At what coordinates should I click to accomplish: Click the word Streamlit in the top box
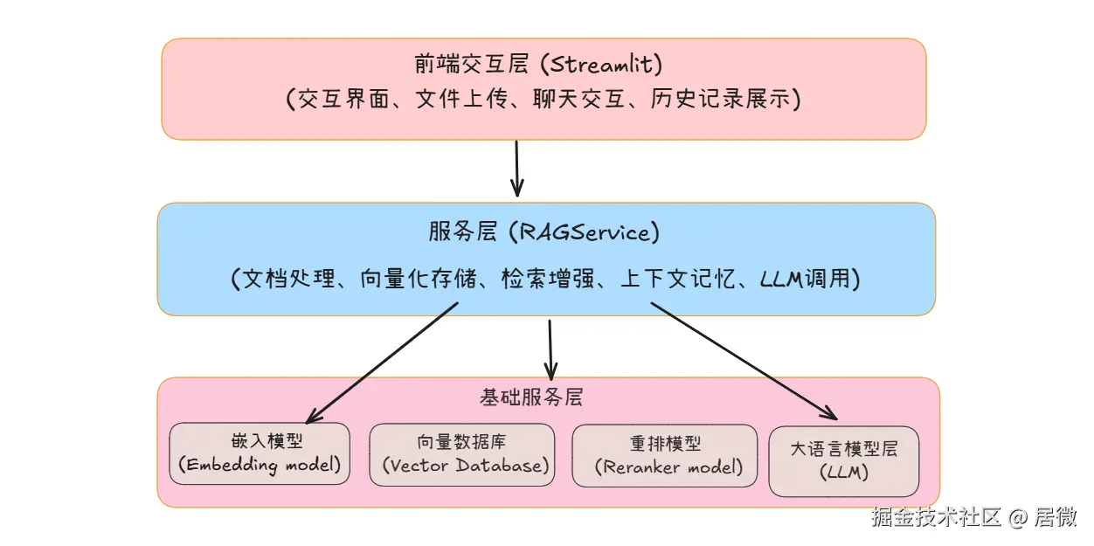point(606,65)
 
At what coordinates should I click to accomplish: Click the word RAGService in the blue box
point(585,232)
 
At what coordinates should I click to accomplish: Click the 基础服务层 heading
point(531,397)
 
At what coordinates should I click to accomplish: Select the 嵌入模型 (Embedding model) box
point(260,454)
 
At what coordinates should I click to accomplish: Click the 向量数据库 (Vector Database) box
point(461,454)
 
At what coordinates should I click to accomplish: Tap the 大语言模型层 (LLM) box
point(843,460)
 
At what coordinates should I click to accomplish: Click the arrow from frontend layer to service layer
point(516,168)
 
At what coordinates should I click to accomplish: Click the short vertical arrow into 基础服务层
point(550,348)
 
